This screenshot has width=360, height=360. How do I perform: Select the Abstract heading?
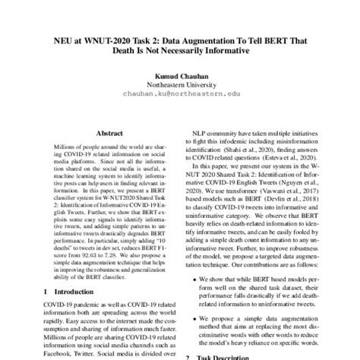coord(104,130)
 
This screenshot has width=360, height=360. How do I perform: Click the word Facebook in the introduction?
coord(59,352)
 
